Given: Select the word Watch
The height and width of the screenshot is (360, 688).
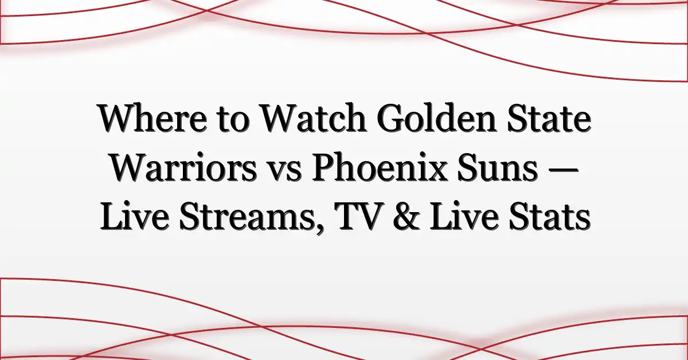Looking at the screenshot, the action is coord(312,118).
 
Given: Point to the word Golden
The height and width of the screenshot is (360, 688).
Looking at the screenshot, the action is coord(437,118).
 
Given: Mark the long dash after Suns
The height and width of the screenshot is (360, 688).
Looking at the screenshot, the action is coord(562,170).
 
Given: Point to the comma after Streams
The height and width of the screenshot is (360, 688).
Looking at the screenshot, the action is coord(319,229).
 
